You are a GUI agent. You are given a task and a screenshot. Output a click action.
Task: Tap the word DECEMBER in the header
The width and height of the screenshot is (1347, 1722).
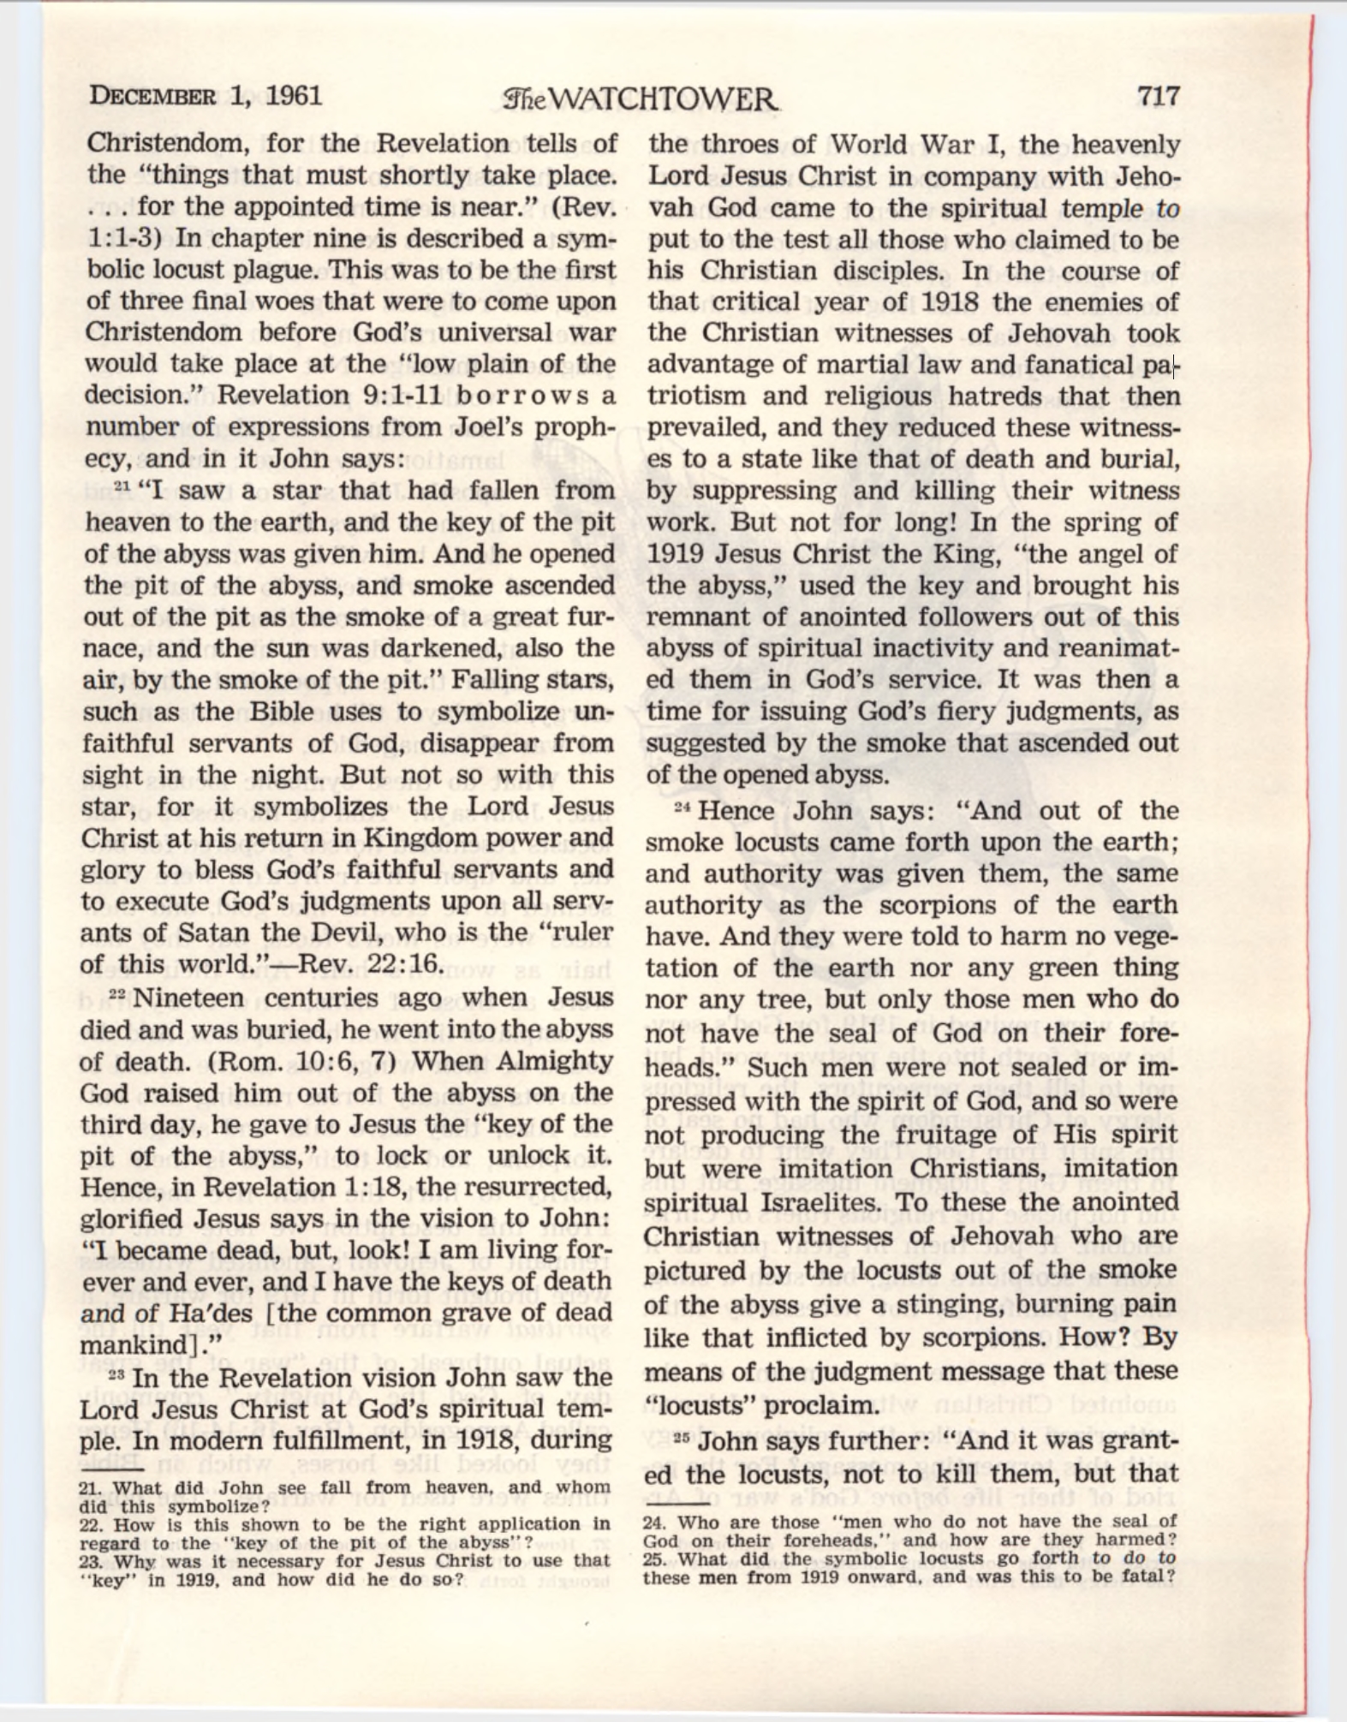(x=152, y=96)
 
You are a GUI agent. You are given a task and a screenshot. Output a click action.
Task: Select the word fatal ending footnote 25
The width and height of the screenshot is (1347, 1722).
(x=1143, y=1576)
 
